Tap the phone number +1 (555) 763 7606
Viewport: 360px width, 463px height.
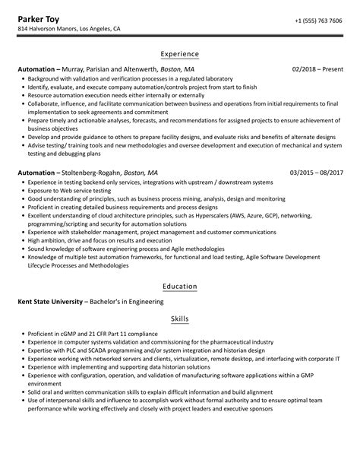pos(318,21)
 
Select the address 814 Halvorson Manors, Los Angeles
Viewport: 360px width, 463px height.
pos(69,30)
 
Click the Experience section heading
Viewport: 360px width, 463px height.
pos(180,54)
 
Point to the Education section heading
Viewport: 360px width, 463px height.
pos(180,287)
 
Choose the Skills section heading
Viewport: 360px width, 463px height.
pos(180,319)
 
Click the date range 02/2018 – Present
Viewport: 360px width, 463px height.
pos(317,69)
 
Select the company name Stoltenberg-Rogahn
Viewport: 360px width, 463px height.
pos(90,173)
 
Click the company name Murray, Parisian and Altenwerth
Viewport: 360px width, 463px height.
pos(111,69)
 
